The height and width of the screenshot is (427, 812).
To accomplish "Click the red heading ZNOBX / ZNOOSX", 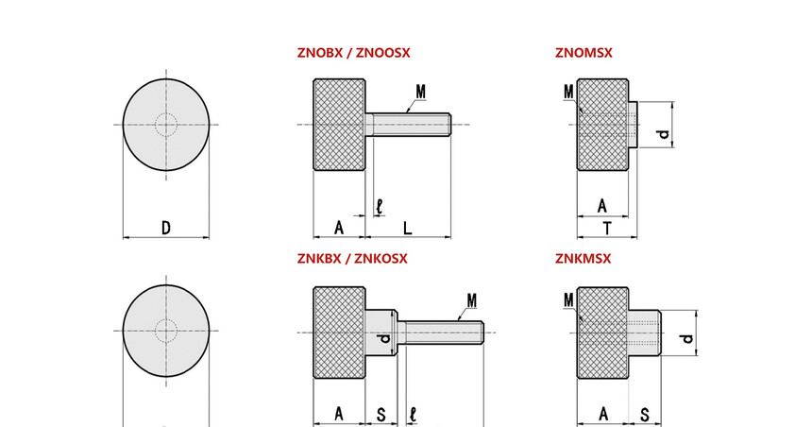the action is [x=353, y=53].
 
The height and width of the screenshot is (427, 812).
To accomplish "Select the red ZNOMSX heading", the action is [x=584, y=53].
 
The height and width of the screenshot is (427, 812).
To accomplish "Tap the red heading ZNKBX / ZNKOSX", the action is [x=352, y=259].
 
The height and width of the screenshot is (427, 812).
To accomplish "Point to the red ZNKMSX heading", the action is [x=584, y=259].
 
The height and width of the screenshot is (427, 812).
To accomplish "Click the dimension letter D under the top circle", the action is [x=166, y=228].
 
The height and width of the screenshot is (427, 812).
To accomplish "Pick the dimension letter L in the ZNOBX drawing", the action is [x=408, y=228].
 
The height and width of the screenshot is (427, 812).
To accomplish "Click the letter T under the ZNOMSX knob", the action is [x=607, y=228].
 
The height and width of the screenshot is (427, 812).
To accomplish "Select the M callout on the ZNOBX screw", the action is [x=420, y=93].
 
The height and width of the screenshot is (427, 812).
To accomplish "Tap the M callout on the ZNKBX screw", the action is [x=472, y=300].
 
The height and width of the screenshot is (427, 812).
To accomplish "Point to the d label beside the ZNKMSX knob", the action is [x=686, y=339].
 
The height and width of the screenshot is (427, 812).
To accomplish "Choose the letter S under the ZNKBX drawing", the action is [x=381, y=415].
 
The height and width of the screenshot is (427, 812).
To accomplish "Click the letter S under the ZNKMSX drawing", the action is [x=644, y=415].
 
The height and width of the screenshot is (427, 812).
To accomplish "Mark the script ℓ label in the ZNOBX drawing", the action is [x=380, y=207].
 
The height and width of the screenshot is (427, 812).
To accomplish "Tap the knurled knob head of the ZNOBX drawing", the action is [x=339, y=125].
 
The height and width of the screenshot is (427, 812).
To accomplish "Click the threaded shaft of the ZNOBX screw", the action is [x=408, y=125].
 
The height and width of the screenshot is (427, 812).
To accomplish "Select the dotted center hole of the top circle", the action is [x=166, y=125].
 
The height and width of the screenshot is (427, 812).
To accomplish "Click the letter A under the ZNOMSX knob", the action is [x=601, y=206].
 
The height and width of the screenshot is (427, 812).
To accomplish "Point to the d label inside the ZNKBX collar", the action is [x=384, y=339].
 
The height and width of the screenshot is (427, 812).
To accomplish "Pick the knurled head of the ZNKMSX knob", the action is [x=602, y=333].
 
